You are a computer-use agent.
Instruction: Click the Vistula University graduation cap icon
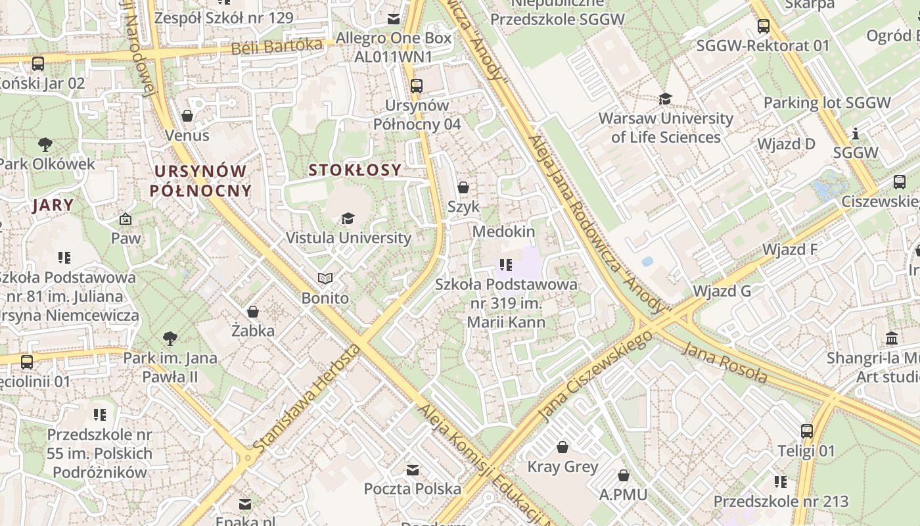(x=348, y=219)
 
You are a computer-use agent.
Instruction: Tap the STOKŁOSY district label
(x=355, y=170)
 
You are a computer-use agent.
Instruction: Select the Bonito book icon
(x=325, y=279)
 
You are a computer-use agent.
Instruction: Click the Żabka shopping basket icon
(x=253, y=312)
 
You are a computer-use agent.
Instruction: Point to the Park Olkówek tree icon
(x=45, y=144)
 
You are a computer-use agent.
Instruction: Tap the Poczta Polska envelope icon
(x=413, y=470)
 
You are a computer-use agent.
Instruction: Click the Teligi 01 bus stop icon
(x=807, y=431)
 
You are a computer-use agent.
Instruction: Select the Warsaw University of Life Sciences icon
(x=666, y=99)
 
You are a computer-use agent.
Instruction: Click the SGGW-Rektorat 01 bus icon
(x=764, y=26)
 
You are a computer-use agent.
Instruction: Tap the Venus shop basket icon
(x=187, y=116)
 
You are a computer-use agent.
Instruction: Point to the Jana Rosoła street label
(x=725, y=362)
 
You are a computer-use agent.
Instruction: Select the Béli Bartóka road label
(x=277, y=47)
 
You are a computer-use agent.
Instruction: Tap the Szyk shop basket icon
(x=463, y=187)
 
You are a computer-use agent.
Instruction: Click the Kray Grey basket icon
(x=563, y=448)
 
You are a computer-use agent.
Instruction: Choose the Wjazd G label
(x=722, y=291)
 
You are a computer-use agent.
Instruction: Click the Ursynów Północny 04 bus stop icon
(x=416, y=85)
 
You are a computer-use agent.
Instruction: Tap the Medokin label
(x=503, y=231)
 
